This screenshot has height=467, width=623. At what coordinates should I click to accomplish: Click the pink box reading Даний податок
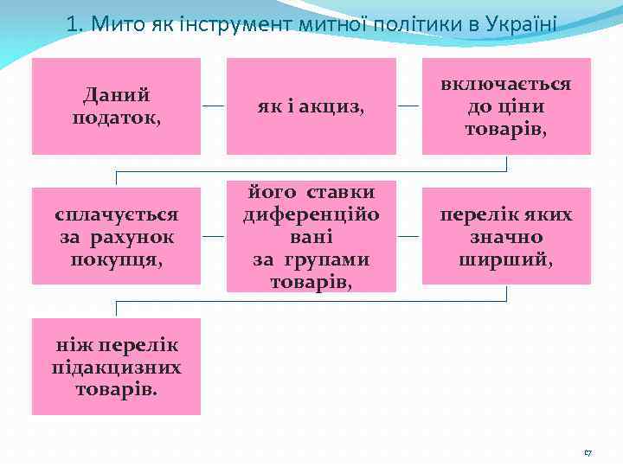116,106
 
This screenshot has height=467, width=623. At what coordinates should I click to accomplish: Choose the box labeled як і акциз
311,106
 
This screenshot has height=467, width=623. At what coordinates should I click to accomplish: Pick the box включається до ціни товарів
506,106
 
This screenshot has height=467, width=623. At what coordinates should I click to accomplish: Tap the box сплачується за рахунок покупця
116,235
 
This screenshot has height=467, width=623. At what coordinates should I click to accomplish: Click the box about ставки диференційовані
311,235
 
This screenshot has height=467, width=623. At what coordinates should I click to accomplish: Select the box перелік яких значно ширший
506,235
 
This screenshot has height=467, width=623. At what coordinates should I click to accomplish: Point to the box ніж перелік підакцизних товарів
116,367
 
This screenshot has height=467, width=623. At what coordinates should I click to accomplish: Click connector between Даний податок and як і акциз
214,106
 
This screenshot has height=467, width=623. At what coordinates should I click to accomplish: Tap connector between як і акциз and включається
408,106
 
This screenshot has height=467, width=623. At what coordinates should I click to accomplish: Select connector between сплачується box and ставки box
214,235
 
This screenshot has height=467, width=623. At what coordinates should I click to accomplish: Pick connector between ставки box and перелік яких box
408,235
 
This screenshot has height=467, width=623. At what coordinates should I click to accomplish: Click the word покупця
116,257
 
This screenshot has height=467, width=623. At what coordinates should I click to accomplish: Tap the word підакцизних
116,367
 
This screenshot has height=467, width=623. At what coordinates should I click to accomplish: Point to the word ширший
506,257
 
